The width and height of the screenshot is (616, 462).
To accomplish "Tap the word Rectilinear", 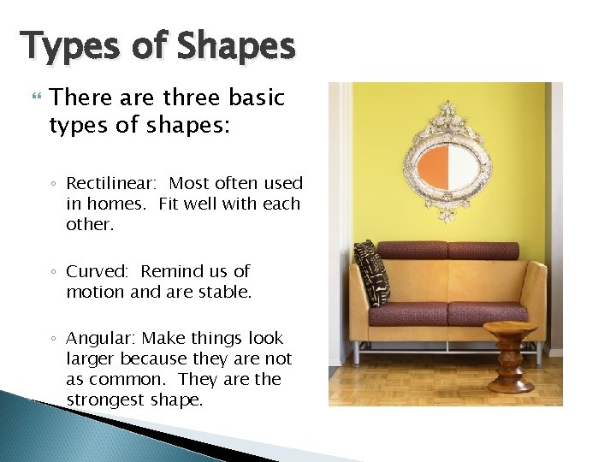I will (114, 183).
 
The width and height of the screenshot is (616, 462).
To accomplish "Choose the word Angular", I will (102, 338).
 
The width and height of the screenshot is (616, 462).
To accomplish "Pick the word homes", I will (123, 204).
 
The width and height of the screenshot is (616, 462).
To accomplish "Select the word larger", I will (92, 358).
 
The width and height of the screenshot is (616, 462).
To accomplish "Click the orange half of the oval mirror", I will (432, 166).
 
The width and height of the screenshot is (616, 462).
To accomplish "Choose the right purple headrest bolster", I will (483, 251).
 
